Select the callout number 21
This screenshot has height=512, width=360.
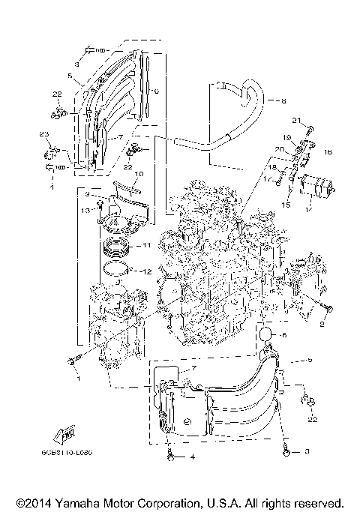(x=296, y=120)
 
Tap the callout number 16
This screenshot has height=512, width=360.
(x=327, y=151)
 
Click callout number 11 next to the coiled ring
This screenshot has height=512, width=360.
(x=147, y=245)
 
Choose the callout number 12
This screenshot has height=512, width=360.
(x=147, y=271)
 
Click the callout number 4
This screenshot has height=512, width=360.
(x=192, y=457)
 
